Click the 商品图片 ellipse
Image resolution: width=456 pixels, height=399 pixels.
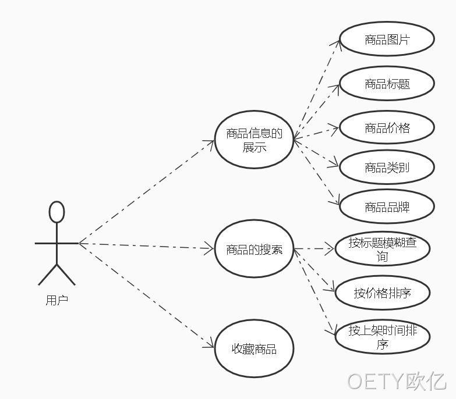[x=387, y=39]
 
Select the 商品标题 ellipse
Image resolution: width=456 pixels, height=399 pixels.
[x=387, y=84]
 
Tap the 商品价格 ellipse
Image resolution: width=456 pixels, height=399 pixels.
[x=387, y=127]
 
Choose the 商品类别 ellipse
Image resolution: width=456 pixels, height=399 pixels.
[x=387, y=167]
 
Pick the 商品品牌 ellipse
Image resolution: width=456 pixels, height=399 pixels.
[x=387, y=206]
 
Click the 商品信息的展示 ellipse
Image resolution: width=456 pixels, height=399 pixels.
[x=254, y=140]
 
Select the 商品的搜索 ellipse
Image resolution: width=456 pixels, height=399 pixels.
[x=254, y=249]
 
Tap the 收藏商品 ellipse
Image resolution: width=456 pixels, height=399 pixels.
[x=254, y=348]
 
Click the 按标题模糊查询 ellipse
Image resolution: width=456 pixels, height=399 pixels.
[x=383, y=249]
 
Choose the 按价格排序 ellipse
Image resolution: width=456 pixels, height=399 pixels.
[x=383, y=293]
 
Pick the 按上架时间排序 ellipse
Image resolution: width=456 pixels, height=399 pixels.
[x=383, y=337]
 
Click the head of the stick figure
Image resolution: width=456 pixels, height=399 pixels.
[x=56, y=212]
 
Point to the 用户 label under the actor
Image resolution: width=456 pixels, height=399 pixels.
[x=56, y=300]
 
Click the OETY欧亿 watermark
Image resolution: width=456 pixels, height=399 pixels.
[x=397, y=381]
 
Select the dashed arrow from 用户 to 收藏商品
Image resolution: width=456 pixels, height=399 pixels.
[x=147, y=295]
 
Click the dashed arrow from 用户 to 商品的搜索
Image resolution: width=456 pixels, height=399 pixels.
[x=147, y=246]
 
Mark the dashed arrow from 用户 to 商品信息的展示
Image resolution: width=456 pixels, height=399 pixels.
[x=147, y=192]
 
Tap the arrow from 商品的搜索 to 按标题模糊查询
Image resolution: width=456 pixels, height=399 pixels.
[x=314, y=249]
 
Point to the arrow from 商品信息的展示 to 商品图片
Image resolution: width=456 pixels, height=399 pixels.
[x=316, y=90]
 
